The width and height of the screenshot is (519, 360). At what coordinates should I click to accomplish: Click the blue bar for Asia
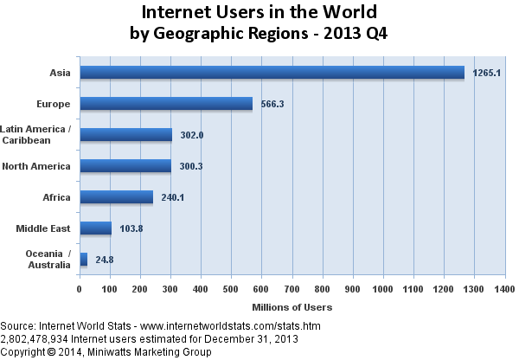point(272,73)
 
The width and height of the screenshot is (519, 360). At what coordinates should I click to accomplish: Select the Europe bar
point(165,104)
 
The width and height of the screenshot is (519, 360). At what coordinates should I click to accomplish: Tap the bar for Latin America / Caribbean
point(125,135)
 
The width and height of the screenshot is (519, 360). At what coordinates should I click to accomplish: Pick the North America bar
point(125,166)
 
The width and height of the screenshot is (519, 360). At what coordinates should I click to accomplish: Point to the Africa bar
point(116,197)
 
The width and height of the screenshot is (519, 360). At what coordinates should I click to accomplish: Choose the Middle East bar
point(95,228)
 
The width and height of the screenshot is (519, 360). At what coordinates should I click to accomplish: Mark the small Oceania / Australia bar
point(83,259)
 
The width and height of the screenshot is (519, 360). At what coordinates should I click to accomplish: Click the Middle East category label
point(43,228)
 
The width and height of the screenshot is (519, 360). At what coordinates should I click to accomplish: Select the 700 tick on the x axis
point(292,289)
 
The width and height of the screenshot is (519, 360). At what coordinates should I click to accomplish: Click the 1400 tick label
point(504,289)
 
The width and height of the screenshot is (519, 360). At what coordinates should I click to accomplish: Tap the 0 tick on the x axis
point(80,289)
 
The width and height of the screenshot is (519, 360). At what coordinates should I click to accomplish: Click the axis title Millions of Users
point(292,307)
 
